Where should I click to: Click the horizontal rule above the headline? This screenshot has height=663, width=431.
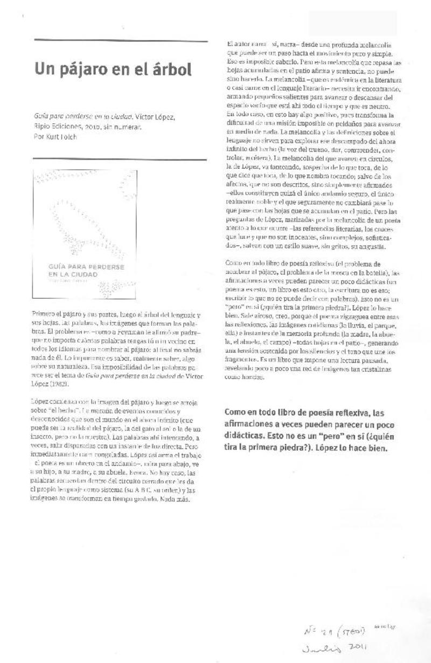(121, 41)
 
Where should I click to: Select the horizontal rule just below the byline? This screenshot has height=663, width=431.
(120, 159)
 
